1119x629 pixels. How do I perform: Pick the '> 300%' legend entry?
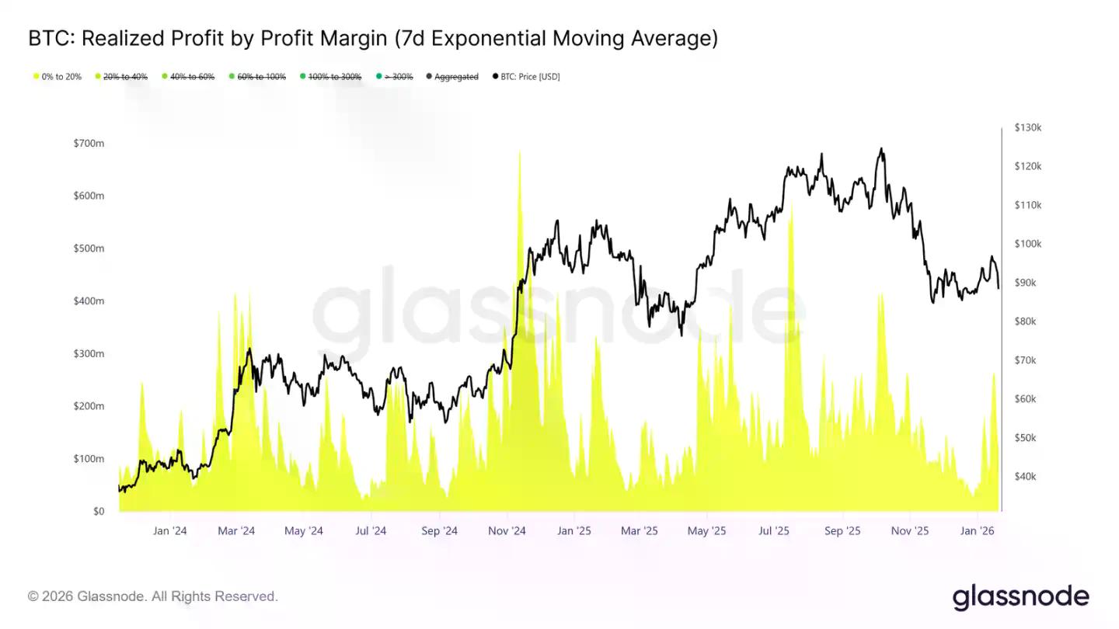tap(397, 77)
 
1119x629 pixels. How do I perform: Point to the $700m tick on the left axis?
tap(89, 144)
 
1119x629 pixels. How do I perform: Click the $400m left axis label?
tap(89, 301)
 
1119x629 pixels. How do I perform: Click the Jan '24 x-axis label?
tap(169, 531)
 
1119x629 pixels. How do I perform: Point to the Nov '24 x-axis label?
tap(507, 531)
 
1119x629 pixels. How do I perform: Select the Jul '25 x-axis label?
tap(774, 531)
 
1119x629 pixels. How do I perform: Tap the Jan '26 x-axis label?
tap(977, 531)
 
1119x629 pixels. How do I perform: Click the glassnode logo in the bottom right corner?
tap(1020, 596)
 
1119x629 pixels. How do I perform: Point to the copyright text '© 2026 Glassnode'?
tap(85, 596)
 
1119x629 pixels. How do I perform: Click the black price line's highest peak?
tap(881, 148)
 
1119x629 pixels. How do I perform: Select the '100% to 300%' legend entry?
tap(335, 77)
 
